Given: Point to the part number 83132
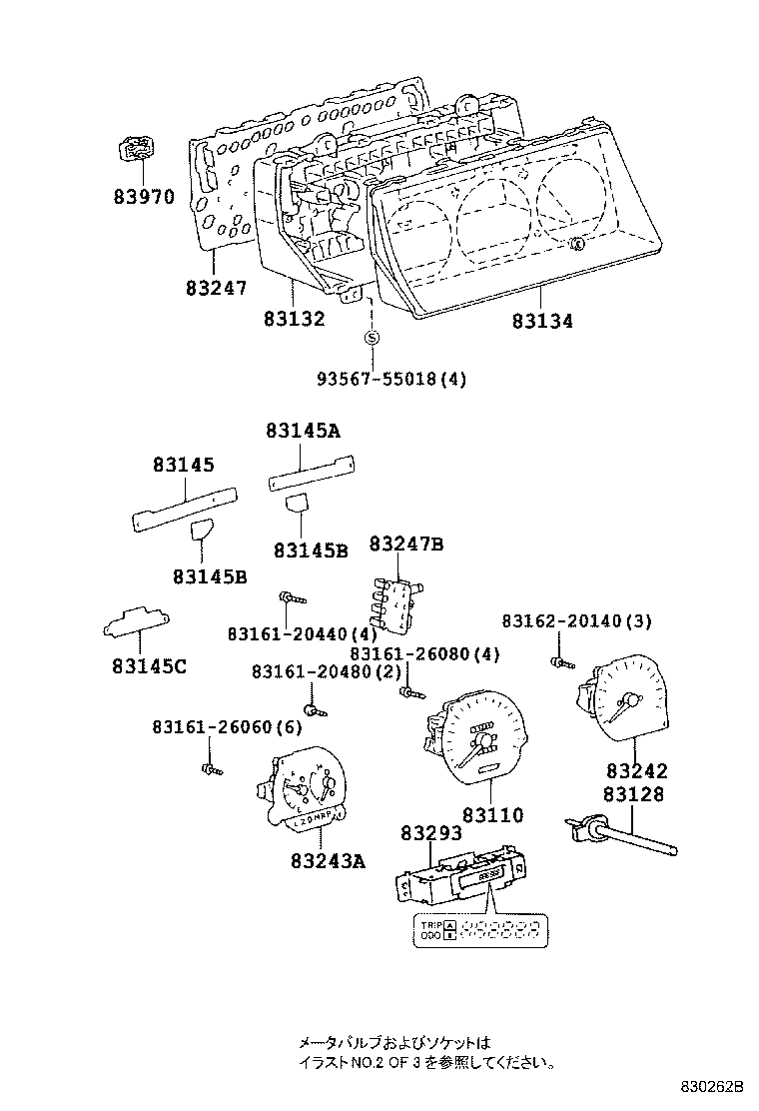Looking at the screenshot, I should point(295,319).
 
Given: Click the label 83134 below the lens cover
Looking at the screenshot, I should point(543,321).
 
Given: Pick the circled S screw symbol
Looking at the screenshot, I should point(371,338).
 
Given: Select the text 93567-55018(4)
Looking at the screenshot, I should point(391,379).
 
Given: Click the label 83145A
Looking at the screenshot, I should point(304,431).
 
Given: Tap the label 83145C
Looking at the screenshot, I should point(144,666).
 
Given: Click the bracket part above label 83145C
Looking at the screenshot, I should point(136,623).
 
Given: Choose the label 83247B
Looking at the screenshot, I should point(405,544).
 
